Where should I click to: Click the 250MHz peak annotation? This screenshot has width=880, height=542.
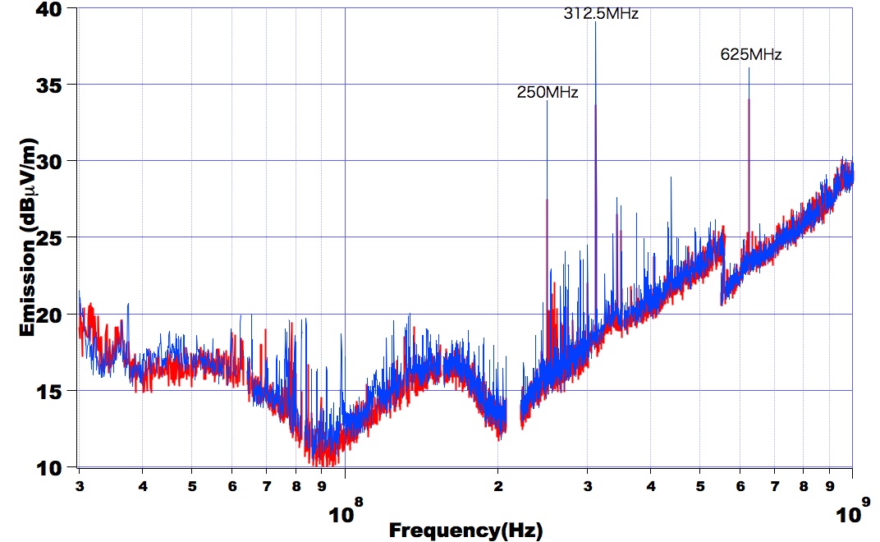(x=548, y=93)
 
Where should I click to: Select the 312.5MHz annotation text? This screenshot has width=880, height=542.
(x=601, y=13)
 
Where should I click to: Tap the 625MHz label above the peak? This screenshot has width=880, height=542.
(x=751, y=55)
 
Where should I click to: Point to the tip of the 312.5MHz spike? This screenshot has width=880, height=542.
(x=595, y=22)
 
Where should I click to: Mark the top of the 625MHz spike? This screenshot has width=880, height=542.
(x=749, y=69)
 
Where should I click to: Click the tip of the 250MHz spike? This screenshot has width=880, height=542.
(x=547, y=102)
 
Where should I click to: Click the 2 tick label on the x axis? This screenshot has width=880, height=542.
(x=497, y=485)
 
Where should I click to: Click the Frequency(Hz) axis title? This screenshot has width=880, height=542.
(x=465, y=531)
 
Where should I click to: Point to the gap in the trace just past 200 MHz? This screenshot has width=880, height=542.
(x=513, y=419)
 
